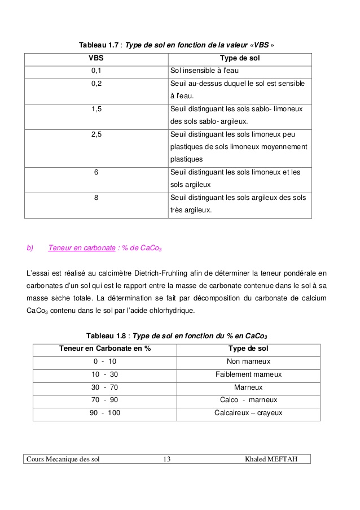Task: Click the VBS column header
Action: (96, 58)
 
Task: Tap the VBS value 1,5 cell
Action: (96, 109)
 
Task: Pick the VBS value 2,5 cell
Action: (96, 134)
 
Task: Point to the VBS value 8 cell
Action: (96, 198)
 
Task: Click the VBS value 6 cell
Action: (96, 172)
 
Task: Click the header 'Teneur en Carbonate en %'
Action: (105, 348)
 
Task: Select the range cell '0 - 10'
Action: (105, 361)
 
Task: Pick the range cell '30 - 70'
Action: (105, 387)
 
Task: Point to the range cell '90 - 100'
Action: (105, 413)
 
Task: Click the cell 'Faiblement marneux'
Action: (248, 374)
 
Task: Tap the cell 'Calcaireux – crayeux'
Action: (248, 413)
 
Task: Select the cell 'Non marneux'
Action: (248, 361)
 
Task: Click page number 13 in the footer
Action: (166, 459)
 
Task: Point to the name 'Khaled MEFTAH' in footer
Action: (270, 459)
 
